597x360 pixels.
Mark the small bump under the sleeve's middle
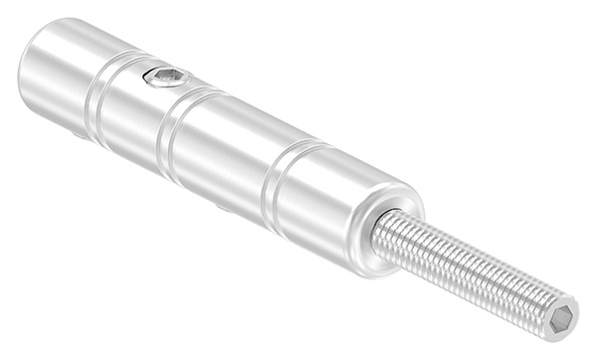click(221, 208)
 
